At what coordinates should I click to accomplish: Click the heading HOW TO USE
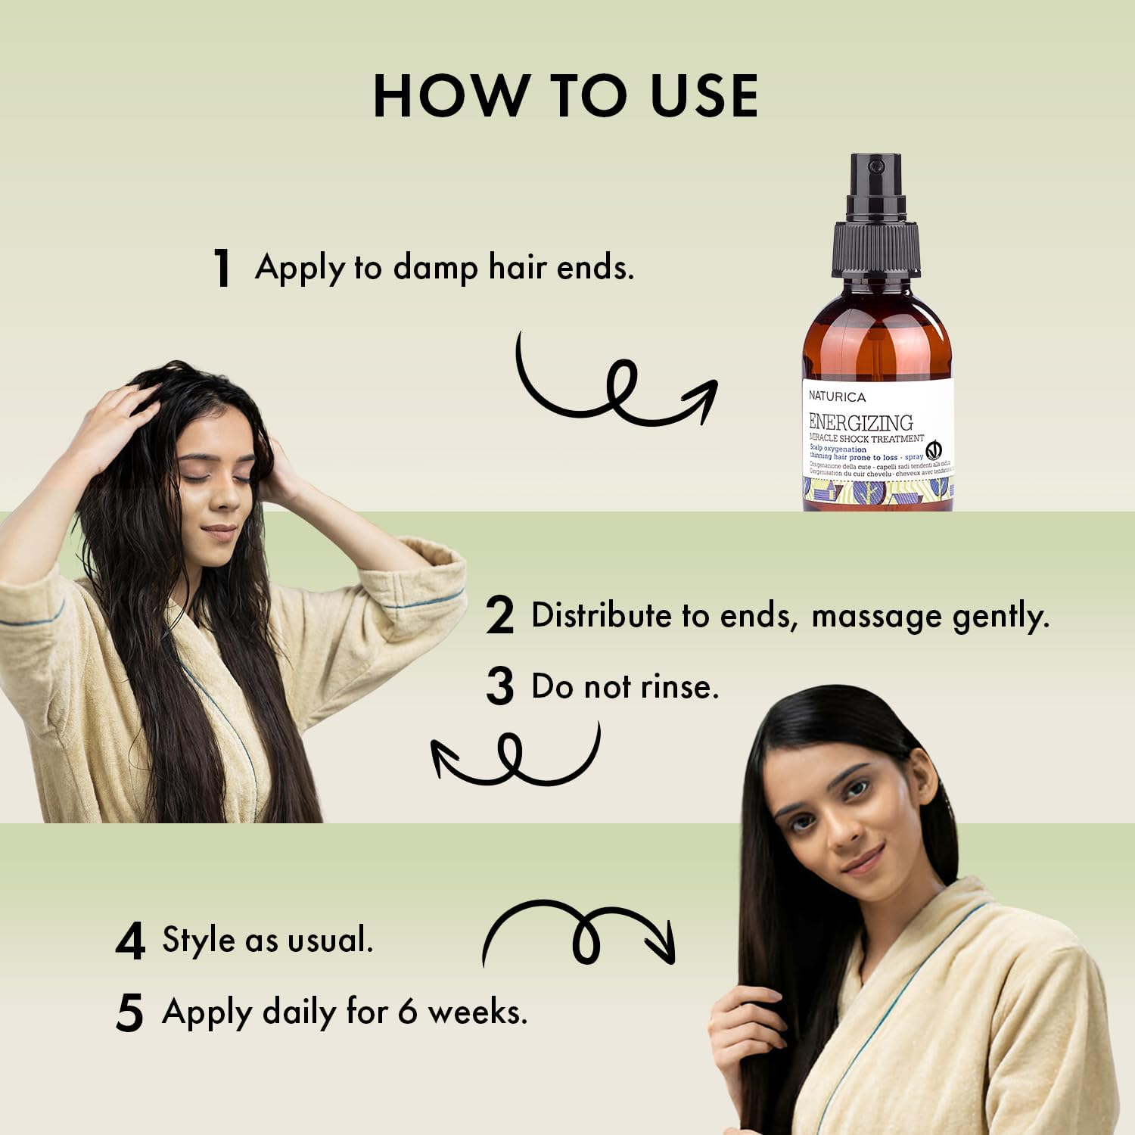point(565,96)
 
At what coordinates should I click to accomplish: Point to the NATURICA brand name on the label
point(837,396)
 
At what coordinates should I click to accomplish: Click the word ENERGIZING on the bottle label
point(860,421)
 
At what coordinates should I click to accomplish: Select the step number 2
point(500,616)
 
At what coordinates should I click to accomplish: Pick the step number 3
point(500,686)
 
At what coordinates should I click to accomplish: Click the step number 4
point(130,942)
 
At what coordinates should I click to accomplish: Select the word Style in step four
point(198,941)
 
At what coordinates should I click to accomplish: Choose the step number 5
point(130,1012)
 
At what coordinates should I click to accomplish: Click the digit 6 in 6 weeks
point(408,1012)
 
